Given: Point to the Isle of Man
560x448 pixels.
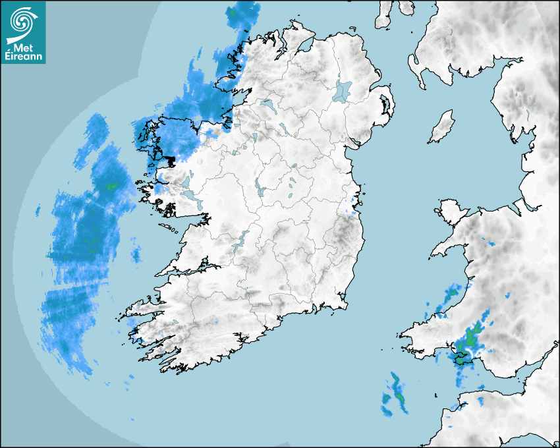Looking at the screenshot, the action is (x=442, y=127).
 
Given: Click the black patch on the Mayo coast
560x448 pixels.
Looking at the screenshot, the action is (x=170, y=160).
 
